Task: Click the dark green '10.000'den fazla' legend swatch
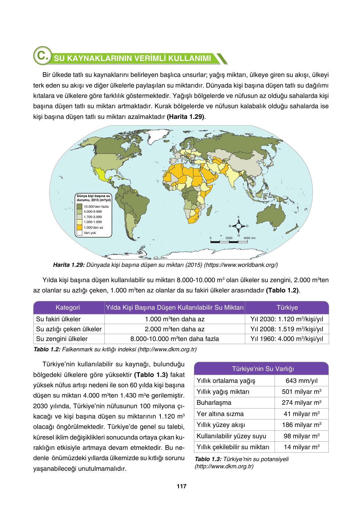(x=79, y=206)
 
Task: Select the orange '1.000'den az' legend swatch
(x=79, y=227)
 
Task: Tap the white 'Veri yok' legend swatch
(x=79, y=233)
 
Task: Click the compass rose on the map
(x=238, y=226)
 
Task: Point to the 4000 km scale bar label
(x=249, y=238)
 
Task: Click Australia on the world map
(x=271, y=215)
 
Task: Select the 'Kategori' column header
(x=68, y=308)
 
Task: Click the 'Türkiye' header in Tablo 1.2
(x=287, y=308)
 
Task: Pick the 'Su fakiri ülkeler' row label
(x=58, y=319)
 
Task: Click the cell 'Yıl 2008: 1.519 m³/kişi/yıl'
(x=287, y=329)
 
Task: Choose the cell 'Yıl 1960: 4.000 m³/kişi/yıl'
(x=287, y=339)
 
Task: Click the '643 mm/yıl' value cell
(x=302, y=381)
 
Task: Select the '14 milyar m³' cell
(x=302, y=447)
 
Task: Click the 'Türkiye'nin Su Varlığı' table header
(x=261, y=368)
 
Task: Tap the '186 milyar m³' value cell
(x=302, y=425)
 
